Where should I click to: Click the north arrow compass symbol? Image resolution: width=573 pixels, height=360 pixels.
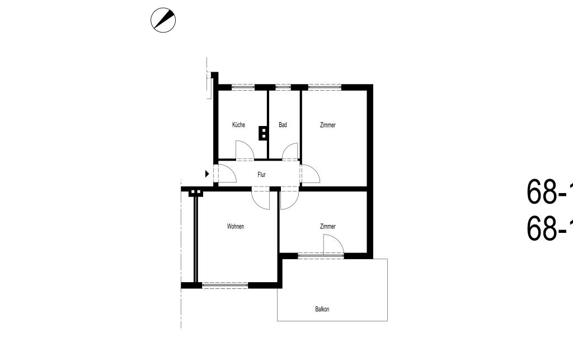(x=163, y=21)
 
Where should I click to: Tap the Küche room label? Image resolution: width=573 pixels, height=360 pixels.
(x=238, y=125)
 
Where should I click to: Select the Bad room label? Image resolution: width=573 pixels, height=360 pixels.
(x=283, y=125)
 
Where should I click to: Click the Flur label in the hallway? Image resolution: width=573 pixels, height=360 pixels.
(x=261, y=175)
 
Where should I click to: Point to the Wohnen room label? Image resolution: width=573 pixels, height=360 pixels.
(x=236, y=226)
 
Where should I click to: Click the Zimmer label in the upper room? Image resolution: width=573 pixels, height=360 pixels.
(x=328, y=125)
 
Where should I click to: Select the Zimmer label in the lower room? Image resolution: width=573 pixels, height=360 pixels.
(x=328, y=226)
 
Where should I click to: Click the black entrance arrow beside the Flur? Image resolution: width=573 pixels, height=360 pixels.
(x=207, y=174)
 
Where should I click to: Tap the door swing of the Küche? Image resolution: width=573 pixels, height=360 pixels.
(x=245, y=151)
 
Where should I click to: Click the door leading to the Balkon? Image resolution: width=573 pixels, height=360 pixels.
(x=332, y=245)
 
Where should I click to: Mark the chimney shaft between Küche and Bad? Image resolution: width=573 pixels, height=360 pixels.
(x=262, y=133)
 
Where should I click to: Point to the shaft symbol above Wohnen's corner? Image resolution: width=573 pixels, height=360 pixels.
(x=195, y=192)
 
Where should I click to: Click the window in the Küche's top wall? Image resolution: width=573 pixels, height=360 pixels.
(x=243, y=87)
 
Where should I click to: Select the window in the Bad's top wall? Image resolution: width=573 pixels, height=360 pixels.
(x=283, y=87)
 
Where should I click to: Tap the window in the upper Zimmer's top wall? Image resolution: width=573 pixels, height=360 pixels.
(x=325, y=87)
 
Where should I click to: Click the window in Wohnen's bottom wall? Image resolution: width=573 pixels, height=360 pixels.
(x=225, y=285)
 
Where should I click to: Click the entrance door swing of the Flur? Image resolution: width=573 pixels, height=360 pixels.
(x=227, y=175)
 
